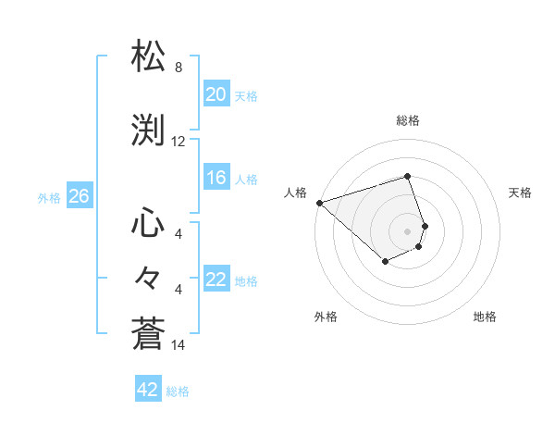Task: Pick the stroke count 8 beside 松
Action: tap(179, 68)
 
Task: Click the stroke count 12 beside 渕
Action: tap(179, 142)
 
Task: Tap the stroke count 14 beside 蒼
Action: tap(179, 346)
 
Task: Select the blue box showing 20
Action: tap(216, 93)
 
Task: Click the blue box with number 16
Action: tap(216, 178)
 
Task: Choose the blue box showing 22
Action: tap(216, 280)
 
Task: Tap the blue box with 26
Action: tap(79, 196)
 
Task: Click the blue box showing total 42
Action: tap(148, 390)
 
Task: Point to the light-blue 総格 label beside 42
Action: tap(178, 391)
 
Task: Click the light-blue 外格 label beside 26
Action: tap(49, 197)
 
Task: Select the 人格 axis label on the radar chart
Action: tap(296, 193)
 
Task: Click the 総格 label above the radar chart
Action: tap(408, 120)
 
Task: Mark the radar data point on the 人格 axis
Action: tap(319, 203)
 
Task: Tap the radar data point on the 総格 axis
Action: tap(408, 176)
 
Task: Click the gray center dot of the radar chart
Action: tap(408, 230)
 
